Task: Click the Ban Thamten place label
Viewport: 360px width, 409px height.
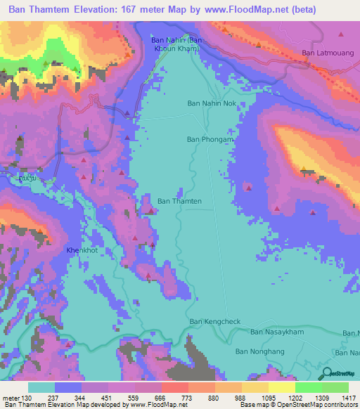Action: [179, 202]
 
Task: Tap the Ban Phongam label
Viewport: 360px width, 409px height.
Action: [210, 139]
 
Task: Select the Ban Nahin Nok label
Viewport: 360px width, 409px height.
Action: [213, 103]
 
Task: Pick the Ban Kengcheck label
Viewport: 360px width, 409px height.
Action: [215, 322]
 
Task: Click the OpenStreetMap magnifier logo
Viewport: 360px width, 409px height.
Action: [325, 373]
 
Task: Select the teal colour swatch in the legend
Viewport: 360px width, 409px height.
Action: [41, 387]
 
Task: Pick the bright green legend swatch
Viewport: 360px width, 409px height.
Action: [308, 387]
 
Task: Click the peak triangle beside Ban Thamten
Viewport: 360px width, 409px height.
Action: [150, 209]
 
